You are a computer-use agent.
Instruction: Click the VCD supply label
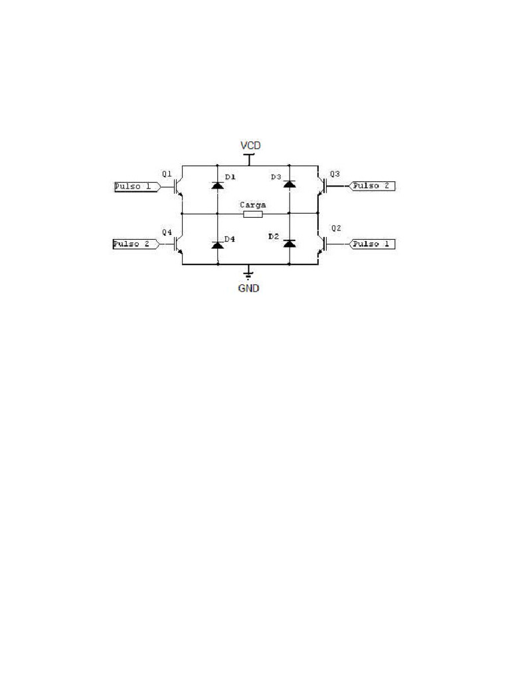(250, 145)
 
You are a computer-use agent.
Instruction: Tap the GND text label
(249, 288)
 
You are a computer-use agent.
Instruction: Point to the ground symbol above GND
(248, 274)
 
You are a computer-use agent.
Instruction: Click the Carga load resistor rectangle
(253, 214)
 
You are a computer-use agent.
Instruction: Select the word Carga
(253, 205)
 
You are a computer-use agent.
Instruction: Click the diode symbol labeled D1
(217, 185)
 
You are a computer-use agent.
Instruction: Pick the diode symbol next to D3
(290, 184)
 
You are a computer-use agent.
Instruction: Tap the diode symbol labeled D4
(217, 244)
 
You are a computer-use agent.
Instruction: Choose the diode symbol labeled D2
(290, 243)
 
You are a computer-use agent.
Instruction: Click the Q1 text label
(167, 173)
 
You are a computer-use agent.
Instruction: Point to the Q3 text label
(335, 174)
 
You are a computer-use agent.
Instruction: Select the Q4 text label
(167, 232)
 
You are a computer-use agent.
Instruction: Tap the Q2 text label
(336, 228)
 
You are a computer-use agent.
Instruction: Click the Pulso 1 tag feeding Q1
(137, 187)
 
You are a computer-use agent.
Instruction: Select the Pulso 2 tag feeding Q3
(372, 186)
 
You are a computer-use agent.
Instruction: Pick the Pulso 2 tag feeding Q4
(136, 244)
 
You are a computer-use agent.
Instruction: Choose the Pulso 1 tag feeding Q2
(372, 244)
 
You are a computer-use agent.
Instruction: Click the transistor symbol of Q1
(178, 187)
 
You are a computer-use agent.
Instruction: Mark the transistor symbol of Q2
(322, 244)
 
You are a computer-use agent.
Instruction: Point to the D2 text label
(274, 236)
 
